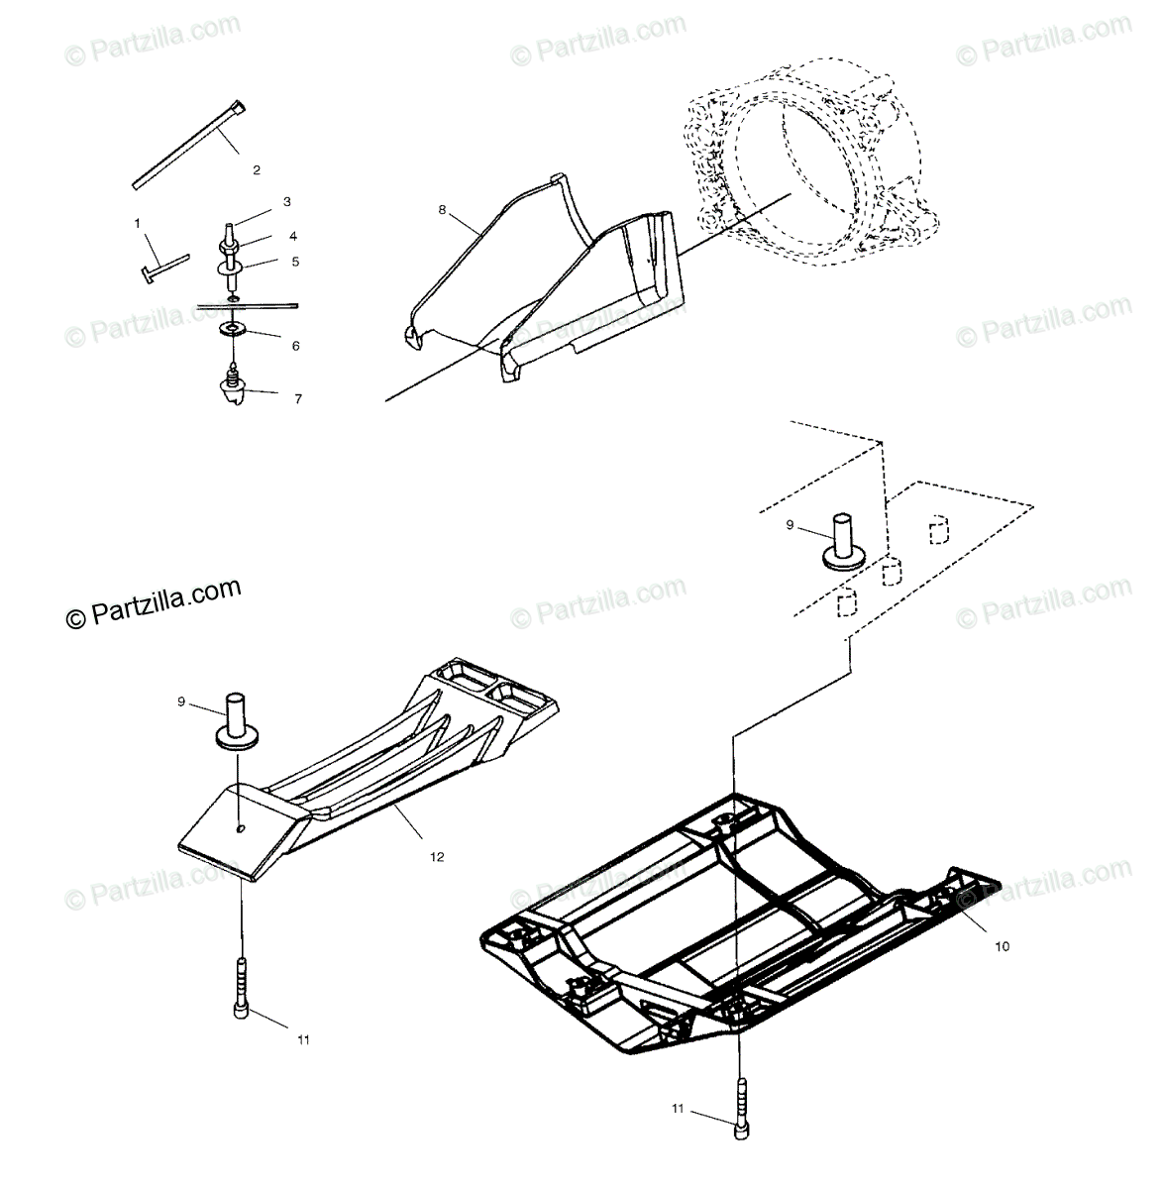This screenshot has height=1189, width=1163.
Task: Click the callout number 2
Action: point(257,170)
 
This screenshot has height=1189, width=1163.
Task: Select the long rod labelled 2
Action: point(188,145)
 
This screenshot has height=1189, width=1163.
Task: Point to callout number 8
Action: point(443,209)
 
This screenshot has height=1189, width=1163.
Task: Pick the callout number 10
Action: point(1002,946)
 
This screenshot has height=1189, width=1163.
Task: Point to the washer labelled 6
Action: point(234,328)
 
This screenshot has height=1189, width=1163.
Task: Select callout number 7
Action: point(297,399)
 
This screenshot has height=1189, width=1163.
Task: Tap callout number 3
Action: point(286,202)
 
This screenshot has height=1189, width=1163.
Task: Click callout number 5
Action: point(293,262)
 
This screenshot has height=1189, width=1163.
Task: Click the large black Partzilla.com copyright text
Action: point(154,604)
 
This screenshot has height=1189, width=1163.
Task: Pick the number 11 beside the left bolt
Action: point(303,1039)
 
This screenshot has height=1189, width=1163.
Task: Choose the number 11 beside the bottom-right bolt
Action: point(679,1110)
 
